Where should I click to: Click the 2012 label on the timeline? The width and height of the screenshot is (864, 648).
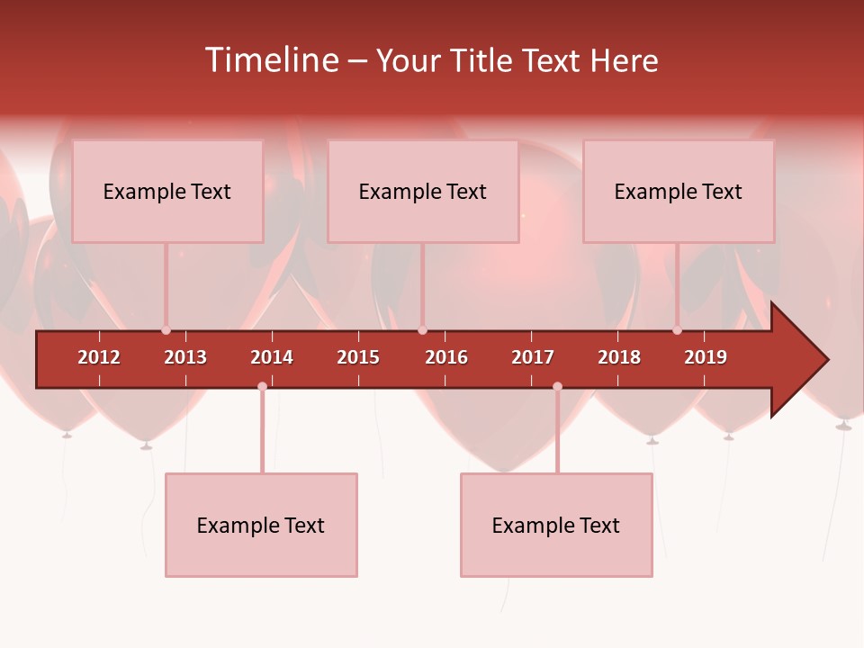pos(99,357)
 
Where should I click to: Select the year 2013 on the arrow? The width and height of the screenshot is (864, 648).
pos(185,357)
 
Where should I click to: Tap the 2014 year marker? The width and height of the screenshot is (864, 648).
pos(272,357)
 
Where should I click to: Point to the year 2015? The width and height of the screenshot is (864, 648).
pos(358,357)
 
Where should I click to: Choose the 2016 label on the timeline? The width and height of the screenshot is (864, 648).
pos(446,357)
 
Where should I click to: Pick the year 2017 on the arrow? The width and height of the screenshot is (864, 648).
pos(533,357)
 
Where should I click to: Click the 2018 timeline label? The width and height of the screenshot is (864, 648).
pos(619,357)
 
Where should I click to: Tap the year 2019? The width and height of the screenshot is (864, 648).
pos(706,357)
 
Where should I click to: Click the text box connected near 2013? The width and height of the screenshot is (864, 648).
pos(167,191)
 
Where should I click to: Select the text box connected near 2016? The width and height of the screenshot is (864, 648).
pos(423,191)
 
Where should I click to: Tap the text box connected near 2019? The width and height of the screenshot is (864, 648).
pos(679,191)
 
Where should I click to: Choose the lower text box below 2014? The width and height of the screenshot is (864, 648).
pos(261,525)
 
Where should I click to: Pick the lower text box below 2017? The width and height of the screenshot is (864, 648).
pos(556,525)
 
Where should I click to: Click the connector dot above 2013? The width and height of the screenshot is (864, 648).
pos(166,330)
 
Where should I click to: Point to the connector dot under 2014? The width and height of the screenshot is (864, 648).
pos(262,387)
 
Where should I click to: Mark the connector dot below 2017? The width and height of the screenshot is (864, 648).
pos(557,387)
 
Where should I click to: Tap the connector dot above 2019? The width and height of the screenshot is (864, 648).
pos(677,330)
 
